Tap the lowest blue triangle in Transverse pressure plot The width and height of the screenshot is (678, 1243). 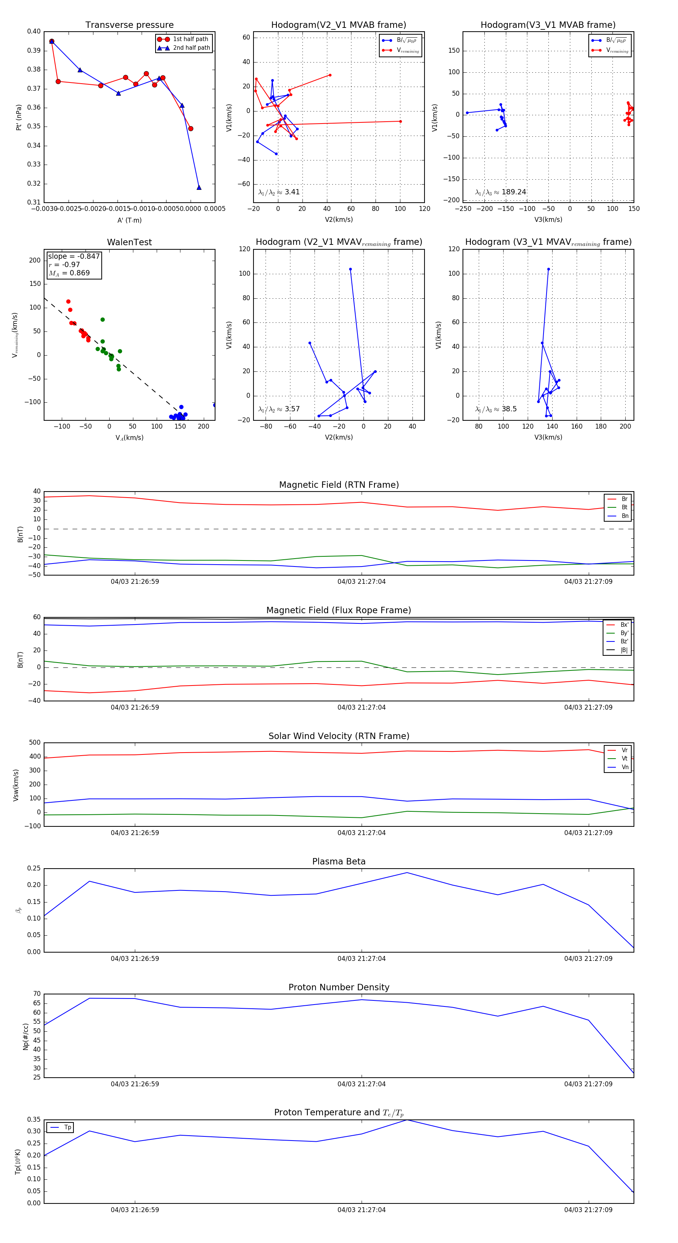coord(199,188)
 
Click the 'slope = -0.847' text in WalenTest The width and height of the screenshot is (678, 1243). coord(73,256)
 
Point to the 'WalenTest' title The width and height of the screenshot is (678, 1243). coord(129,242)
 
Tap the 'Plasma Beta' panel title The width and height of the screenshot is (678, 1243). coord(339,861)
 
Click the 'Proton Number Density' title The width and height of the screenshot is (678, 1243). coord(339,987)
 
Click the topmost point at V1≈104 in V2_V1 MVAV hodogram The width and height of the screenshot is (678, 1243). coord(350,269)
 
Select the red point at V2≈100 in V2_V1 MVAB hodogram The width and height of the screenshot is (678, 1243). coord(400,122)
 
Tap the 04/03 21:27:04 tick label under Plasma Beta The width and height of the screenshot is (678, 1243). coord(362,958)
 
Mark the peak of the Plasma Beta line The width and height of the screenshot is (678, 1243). coord(407,872)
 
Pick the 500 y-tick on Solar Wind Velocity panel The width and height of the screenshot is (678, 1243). coord(35,743)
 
